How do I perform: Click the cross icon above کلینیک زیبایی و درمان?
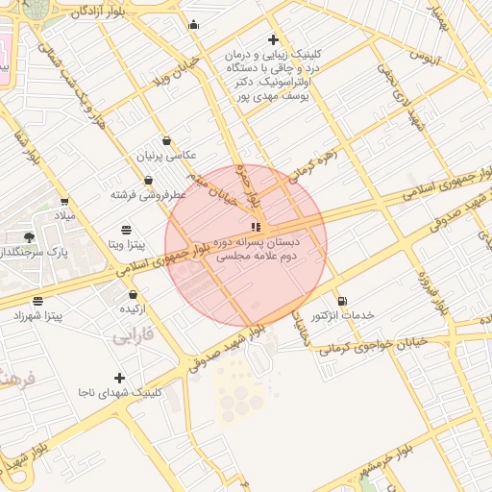(x=274, y=40)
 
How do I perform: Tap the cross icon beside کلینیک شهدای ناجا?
(x=119, y=378)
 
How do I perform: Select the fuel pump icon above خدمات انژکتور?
(x=342, y=301)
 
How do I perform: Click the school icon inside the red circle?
(x=255, y=228)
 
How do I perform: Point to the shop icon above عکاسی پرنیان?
(x=167, y=140)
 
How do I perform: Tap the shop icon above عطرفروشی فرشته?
(x=148, y=180)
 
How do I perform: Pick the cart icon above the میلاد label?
(x=64, y=202)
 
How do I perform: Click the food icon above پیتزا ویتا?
(x=127, y=230)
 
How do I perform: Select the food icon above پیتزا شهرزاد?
(x=37, y=301)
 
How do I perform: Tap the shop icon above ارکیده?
(x=133, y=295)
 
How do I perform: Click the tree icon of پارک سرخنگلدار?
(x=30, y=236)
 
